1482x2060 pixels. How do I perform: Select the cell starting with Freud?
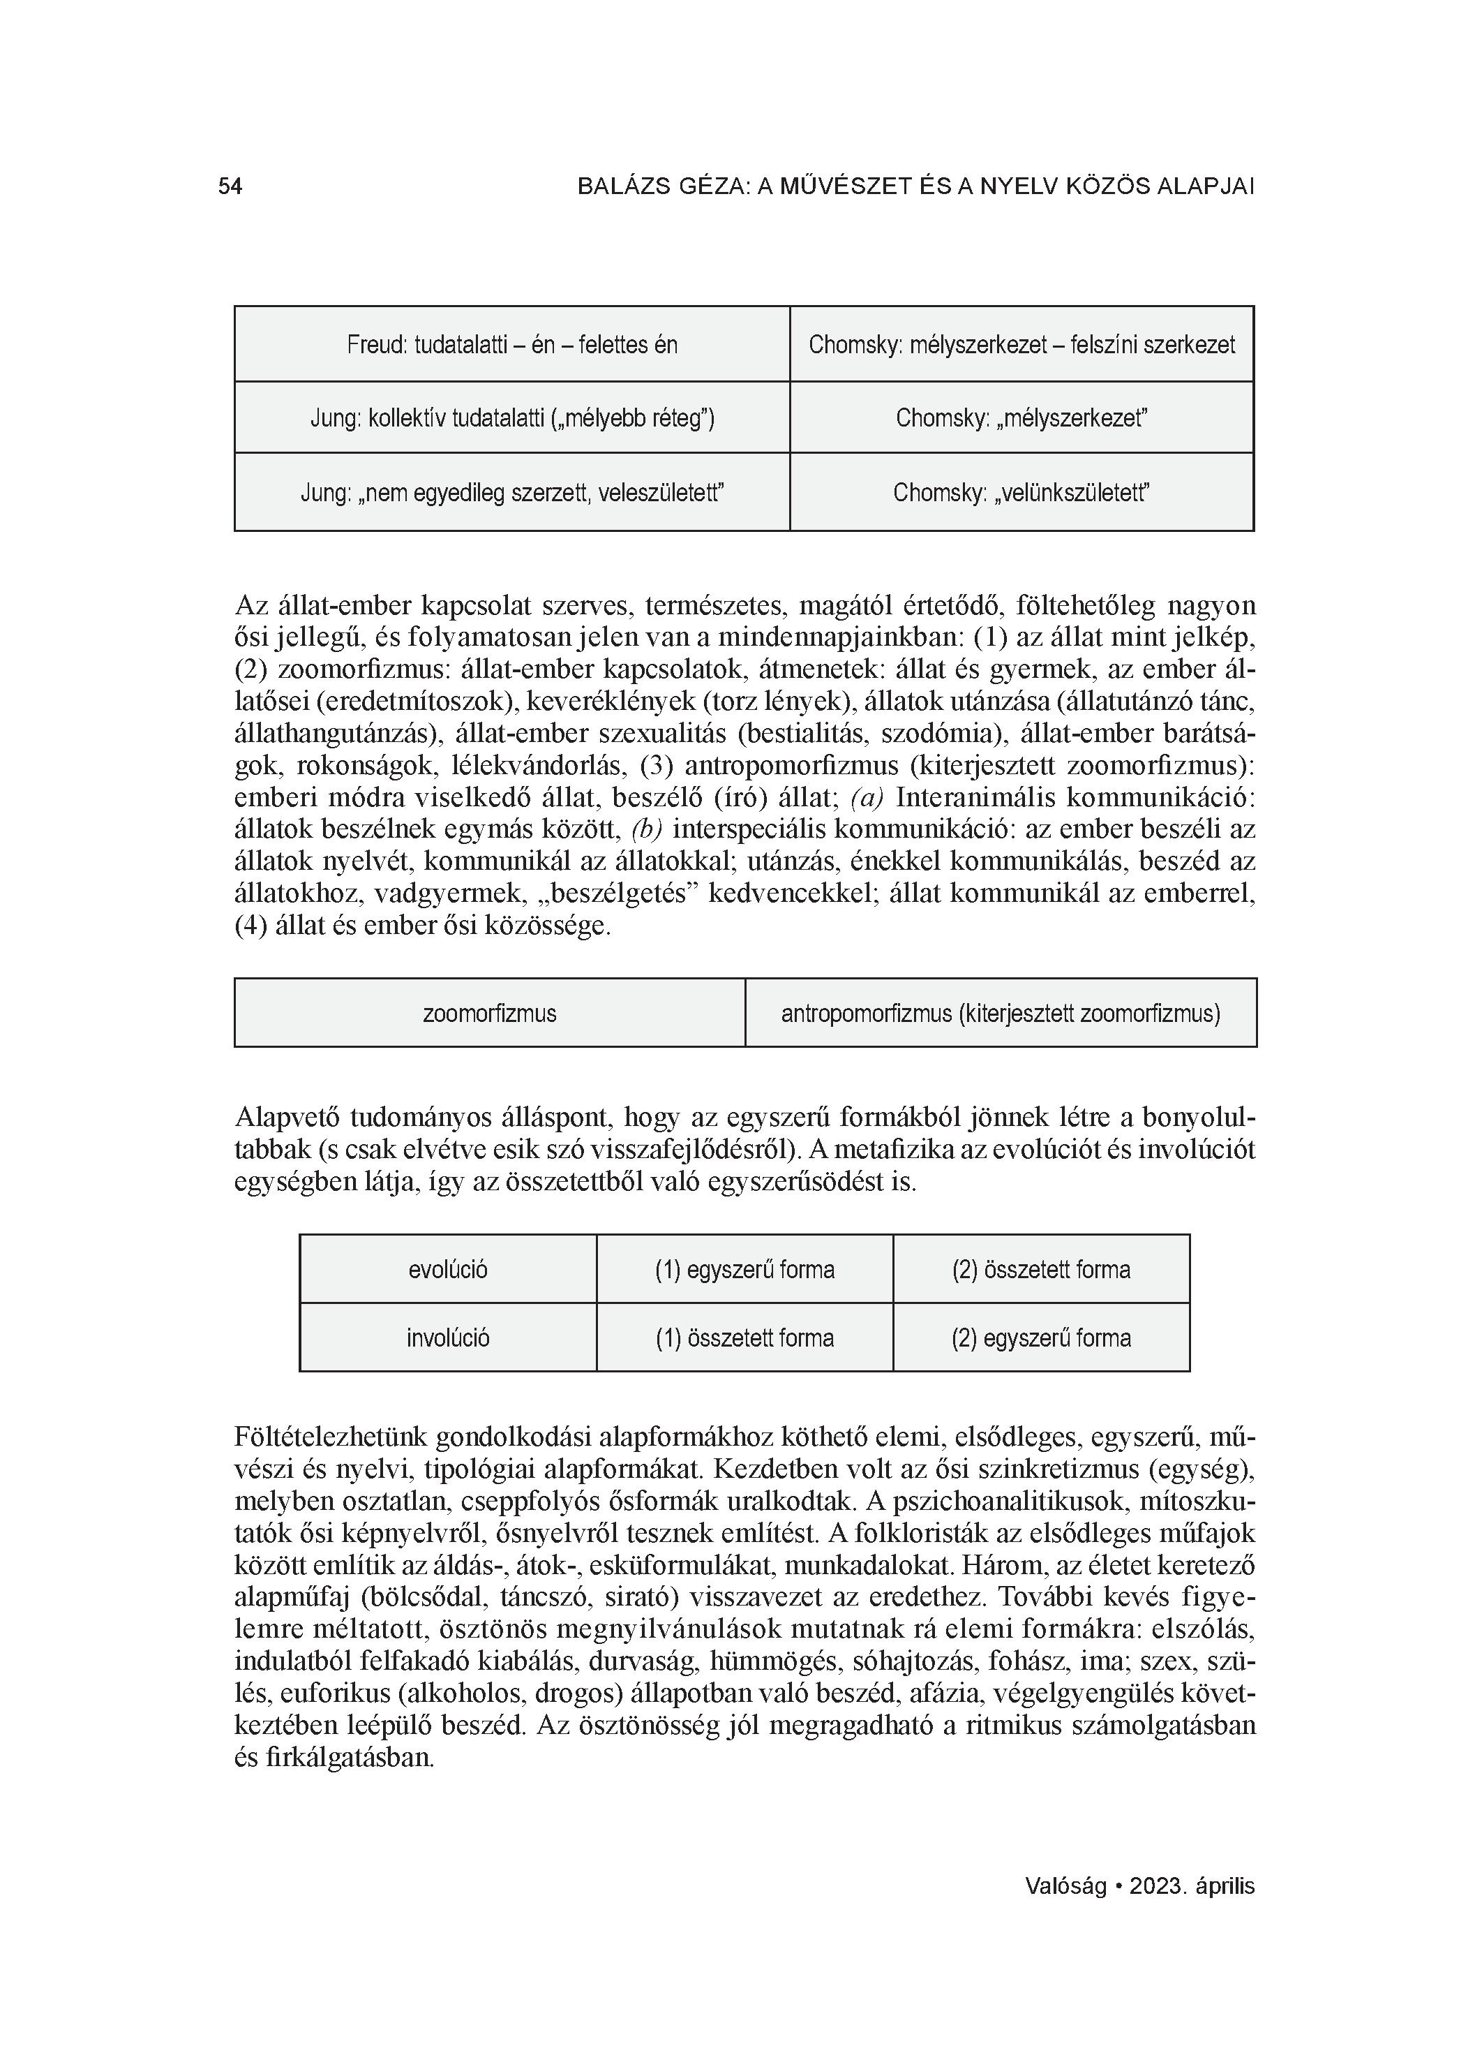tap(511, 345)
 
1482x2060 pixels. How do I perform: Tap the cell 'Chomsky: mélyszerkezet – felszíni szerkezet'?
tap(1021, 345)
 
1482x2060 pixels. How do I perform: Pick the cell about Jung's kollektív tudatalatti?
tap(511, 418)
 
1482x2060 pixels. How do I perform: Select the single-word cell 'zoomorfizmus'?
tap(489, 1014)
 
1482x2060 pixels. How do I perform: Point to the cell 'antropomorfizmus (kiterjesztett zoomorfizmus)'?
tap(1000, 1014)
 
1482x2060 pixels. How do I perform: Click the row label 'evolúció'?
tap(448, 1270)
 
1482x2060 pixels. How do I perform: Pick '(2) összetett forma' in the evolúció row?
tap(1040, 1270)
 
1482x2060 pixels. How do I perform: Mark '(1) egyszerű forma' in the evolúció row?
tap(744, 1270)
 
